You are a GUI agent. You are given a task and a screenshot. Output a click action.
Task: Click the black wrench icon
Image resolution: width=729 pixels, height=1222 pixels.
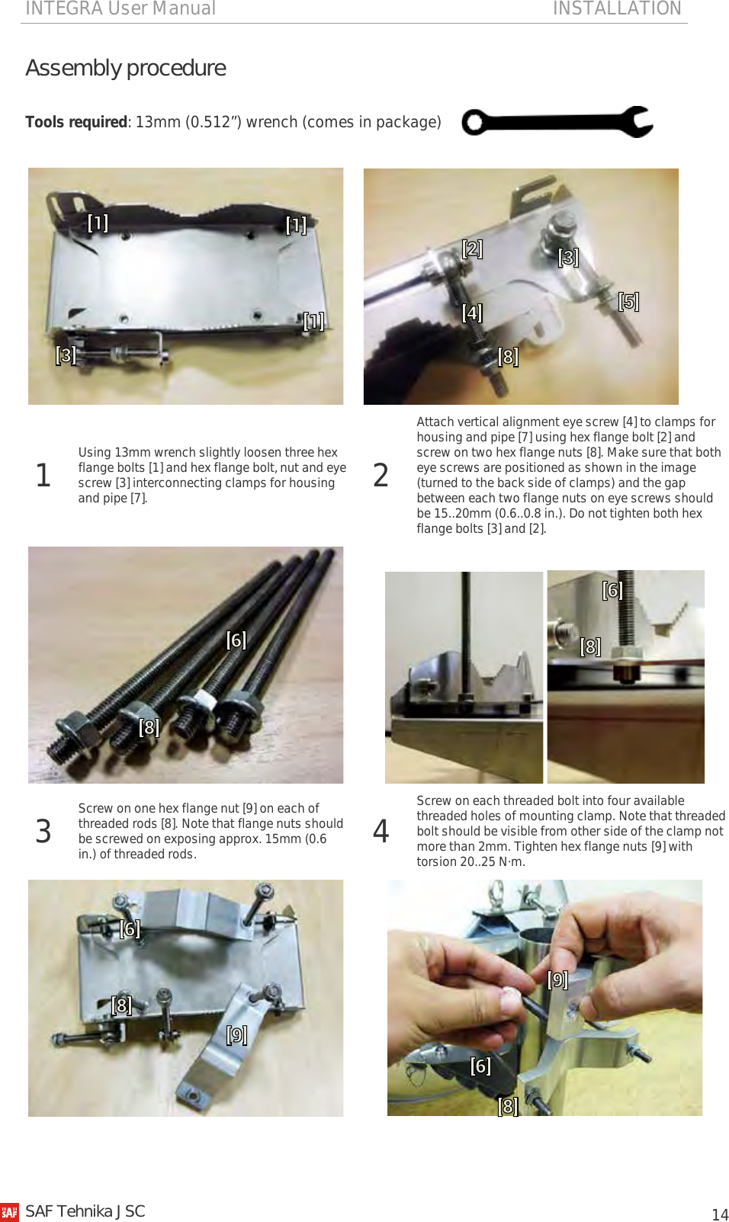click(x=557, y=122)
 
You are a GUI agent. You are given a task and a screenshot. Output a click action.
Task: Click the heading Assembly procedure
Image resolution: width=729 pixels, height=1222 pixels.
click(x=126, y=68)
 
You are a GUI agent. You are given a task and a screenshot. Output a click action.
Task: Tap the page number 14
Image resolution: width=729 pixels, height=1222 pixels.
click(x=719, y=1214)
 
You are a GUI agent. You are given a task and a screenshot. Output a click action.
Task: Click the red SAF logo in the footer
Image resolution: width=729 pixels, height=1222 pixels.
click(x=9, y=1212)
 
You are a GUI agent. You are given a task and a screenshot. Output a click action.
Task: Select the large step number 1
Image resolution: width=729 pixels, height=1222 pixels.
click(x=43, y=475)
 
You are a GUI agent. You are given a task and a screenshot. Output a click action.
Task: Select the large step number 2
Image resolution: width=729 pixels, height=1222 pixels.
click(x=381, y=475)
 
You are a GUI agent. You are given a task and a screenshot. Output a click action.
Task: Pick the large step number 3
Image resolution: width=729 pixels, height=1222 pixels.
click(x=43, y=831)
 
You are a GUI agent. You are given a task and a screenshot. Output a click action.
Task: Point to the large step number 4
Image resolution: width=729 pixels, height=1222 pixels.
click(x=381, y=831)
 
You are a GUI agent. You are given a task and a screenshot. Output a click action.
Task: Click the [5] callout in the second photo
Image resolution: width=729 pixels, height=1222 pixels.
click(x=628, y=301)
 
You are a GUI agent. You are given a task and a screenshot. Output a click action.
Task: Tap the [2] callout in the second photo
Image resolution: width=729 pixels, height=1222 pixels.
click(x=472, y=249)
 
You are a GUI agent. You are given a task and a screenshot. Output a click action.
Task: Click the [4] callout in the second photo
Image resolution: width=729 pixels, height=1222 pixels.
click(x=472, y=313)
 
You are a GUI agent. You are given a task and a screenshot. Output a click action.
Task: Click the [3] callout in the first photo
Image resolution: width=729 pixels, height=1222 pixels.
click(x=66, y=354)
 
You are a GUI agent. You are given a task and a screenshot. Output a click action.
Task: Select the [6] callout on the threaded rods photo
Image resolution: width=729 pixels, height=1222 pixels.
click(x=236, y=640)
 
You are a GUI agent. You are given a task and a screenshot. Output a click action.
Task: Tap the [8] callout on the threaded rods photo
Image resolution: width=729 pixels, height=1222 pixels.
click(x=149, y=727)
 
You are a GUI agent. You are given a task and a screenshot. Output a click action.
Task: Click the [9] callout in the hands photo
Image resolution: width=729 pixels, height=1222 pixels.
click(x=557, y=979)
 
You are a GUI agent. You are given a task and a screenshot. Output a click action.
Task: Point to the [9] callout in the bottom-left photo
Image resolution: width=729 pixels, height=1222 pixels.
click(x=236, y=1034)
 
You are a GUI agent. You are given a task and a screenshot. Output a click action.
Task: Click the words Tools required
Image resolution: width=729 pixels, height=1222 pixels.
click(x=76, y=122)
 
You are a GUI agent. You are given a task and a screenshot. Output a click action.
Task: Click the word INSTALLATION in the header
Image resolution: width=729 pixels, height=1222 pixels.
click(x=616, y=8)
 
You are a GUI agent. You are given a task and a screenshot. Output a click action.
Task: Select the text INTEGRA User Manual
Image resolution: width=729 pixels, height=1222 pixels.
click(x=120, y=8)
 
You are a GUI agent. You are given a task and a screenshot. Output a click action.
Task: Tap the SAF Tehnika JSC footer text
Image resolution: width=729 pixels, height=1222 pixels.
click(x=85, y=1211)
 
